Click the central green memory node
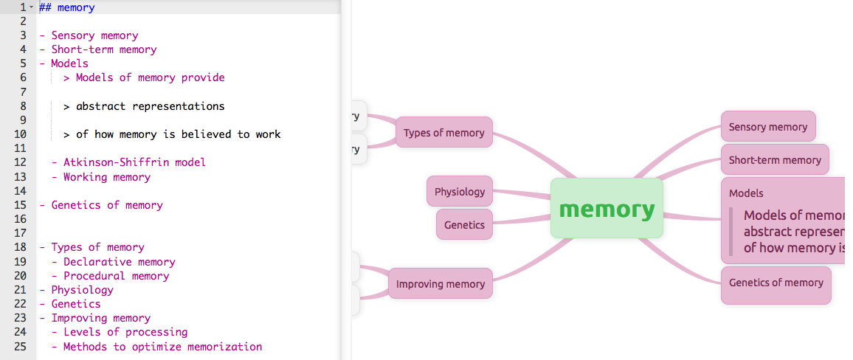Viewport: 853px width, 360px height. coord(607,209)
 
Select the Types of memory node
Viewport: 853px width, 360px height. coord(443,133)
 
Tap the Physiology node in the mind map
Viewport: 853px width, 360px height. coord(460,192)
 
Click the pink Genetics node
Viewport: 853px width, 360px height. coord(464,225)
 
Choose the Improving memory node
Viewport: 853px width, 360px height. coord(440,284)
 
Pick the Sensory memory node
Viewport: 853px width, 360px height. coord(767,127)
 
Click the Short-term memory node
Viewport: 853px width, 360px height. coord(774,160)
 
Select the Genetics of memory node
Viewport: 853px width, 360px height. coord(776,283)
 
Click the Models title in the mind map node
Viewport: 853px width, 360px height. coord(746,193)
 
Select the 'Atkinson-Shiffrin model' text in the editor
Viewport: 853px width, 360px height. coord(134,162)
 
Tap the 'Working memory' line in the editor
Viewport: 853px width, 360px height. coord(106,177)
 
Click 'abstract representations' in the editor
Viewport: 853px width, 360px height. coord(150,106)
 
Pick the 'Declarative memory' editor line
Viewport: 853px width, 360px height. coord(119,262)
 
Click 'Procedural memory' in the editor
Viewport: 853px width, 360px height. coord(116,276)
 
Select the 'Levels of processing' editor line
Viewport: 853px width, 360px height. coord(125,332)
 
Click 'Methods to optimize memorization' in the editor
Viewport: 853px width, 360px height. coord(162,347)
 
